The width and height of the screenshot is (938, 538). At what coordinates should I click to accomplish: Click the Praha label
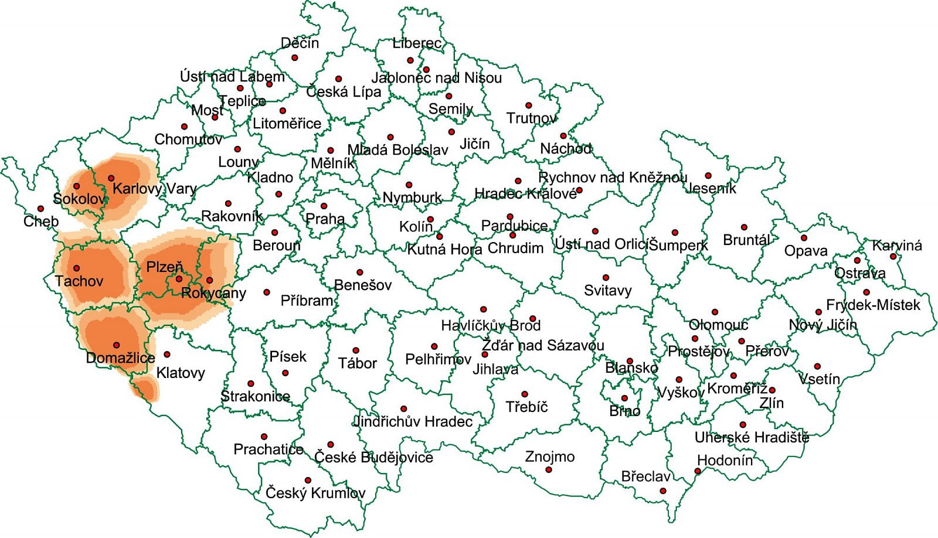(x=325, y=219)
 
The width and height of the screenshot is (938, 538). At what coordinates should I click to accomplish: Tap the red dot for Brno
(x=624, y=399)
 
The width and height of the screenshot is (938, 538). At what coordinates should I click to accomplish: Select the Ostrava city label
(x=859, y=273)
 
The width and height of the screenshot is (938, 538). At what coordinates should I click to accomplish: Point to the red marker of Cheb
(x=40, y=209)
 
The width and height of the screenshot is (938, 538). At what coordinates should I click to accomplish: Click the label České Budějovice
(x=373, y=457)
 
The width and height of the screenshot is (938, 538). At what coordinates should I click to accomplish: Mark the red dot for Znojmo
(x=549, y=469)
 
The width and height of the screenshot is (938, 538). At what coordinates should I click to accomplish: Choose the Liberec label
(x=417, y=43)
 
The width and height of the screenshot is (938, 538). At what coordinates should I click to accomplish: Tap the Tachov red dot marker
(x=76, y=268)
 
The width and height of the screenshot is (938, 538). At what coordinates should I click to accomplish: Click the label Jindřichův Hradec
(x=413, y=421)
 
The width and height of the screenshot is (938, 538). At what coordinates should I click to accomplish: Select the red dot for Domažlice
(x=117, y=345)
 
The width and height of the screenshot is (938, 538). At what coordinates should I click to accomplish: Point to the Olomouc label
(x=718, y=325)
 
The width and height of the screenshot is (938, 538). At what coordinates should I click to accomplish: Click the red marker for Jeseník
(x=708, y=176)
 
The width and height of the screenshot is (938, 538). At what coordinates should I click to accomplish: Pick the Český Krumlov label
(x=315, y=493)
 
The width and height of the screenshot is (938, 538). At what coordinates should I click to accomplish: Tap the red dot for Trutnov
(x=528, y=105)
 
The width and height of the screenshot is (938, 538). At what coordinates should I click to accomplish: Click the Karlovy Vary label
(x=154, y=189)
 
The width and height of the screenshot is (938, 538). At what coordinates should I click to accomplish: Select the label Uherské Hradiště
(x=752, y=437)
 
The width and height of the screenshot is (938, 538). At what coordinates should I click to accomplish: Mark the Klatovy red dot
(x=167, y=355)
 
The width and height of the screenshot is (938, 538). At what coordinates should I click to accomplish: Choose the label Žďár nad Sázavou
(x=543, y=345)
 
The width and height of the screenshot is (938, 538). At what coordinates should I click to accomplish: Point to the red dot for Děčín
(x=295, y=57)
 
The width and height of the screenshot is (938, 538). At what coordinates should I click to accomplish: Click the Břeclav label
(x=645, y=476)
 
